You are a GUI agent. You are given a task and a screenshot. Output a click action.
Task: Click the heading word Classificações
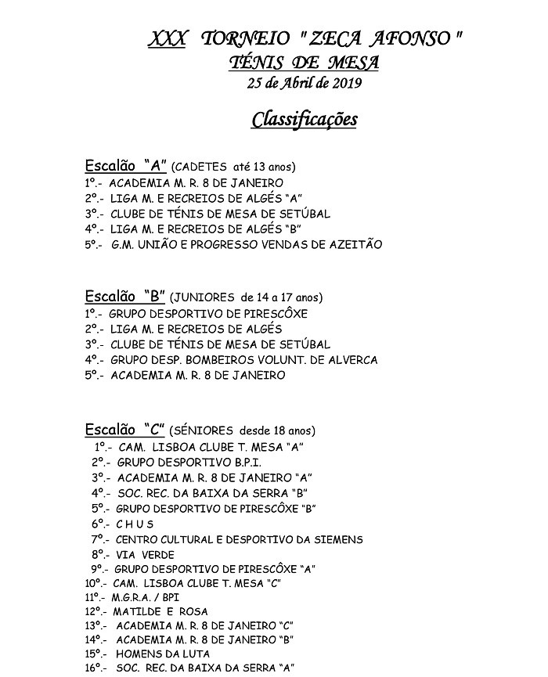pos(305,119)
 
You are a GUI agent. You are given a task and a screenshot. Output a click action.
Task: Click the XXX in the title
pos(167,39)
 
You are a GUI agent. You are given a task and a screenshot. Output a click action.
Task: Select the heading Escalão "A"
pos(125,166)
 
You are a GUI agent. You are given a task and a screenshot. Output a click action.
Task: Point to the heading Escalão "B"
pos(125,297)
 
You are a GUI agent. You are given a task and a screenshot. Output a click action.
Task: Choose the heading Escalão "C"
pos(125,430)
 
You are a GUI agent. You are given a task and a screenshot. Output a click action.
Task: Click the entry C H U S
pos(135,524)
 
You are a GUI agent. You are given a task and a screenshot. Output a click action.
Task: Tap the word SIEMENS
pos(337,539)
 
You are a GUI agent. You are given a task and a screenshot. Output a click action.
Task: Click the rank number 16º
pos(94,668)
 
